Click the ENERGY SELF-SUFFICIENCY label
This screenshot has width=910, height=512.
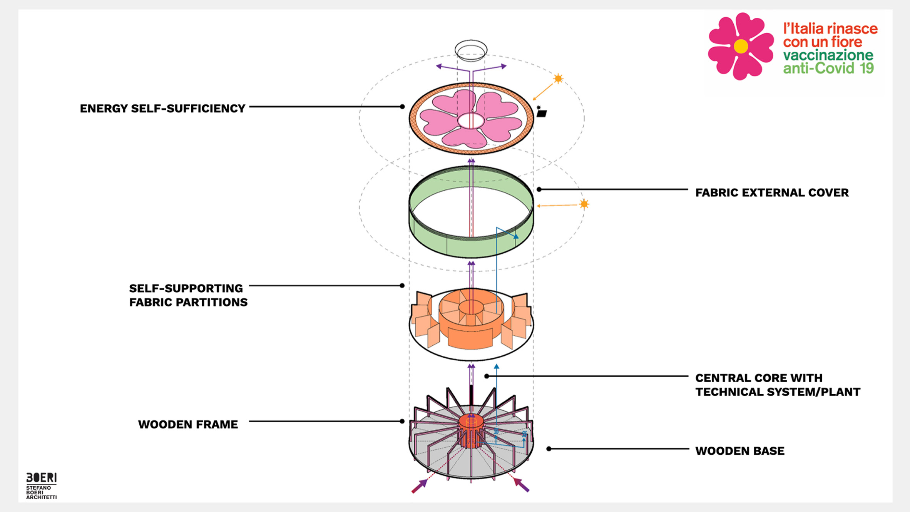pyautogui.click(x=162, y=109)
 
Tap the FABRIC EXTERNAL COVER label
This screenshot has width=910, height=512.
pyautogui.click(x=771, y=192)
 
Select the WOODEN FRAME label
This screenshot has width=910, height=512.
pyautogui.click(x=188, y=424)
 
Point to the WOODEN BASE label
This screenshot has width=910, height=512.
pyautogui.click(x=739, y=451)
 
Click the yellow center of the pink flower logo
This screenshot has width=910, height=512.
pyautogui.click(x=741, y=46)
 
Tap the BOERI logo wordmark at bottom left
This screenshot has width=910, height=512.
pyautogui.click(x=41, y=478)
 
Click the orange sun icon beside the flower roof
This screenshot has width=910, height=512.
pyautogui.click(x=558, y=79)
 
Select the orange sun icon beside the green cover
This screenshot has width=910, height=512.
pyautogui.click(x=584, y=204)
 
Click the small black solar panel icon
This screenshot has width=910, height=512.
pyautogui.click(x=542, y=113)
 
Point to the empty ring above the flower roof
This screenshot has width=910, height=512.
pyautogui.click(x=471, y=50)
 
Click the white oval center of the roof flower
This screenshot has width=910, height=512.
pyautogui.click(x=471, y=121)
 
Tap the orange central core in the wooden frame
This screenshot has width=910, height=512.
pyautogui.click(x=471, y=423)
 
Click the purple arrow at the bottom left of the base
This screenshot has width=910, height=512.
pyautogui.click(x=420, y=485)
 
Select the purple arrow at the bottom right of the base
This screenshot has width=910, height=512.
pyautogui.click(x=522, y=485)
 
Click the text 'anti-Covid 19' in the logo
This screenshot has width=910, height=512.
pyautogui.click(x=828, y=69)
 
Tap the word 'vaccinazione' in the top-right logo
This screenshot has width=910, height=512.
pyautogui.click(x=828, y=55)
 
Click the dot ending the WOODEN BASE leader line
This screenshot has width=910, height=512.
pyautogui.click(x=549, y=449)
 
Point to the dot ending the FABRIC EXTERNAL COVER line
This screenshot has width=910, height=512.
pyautogui.click(x=539, y=189)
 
